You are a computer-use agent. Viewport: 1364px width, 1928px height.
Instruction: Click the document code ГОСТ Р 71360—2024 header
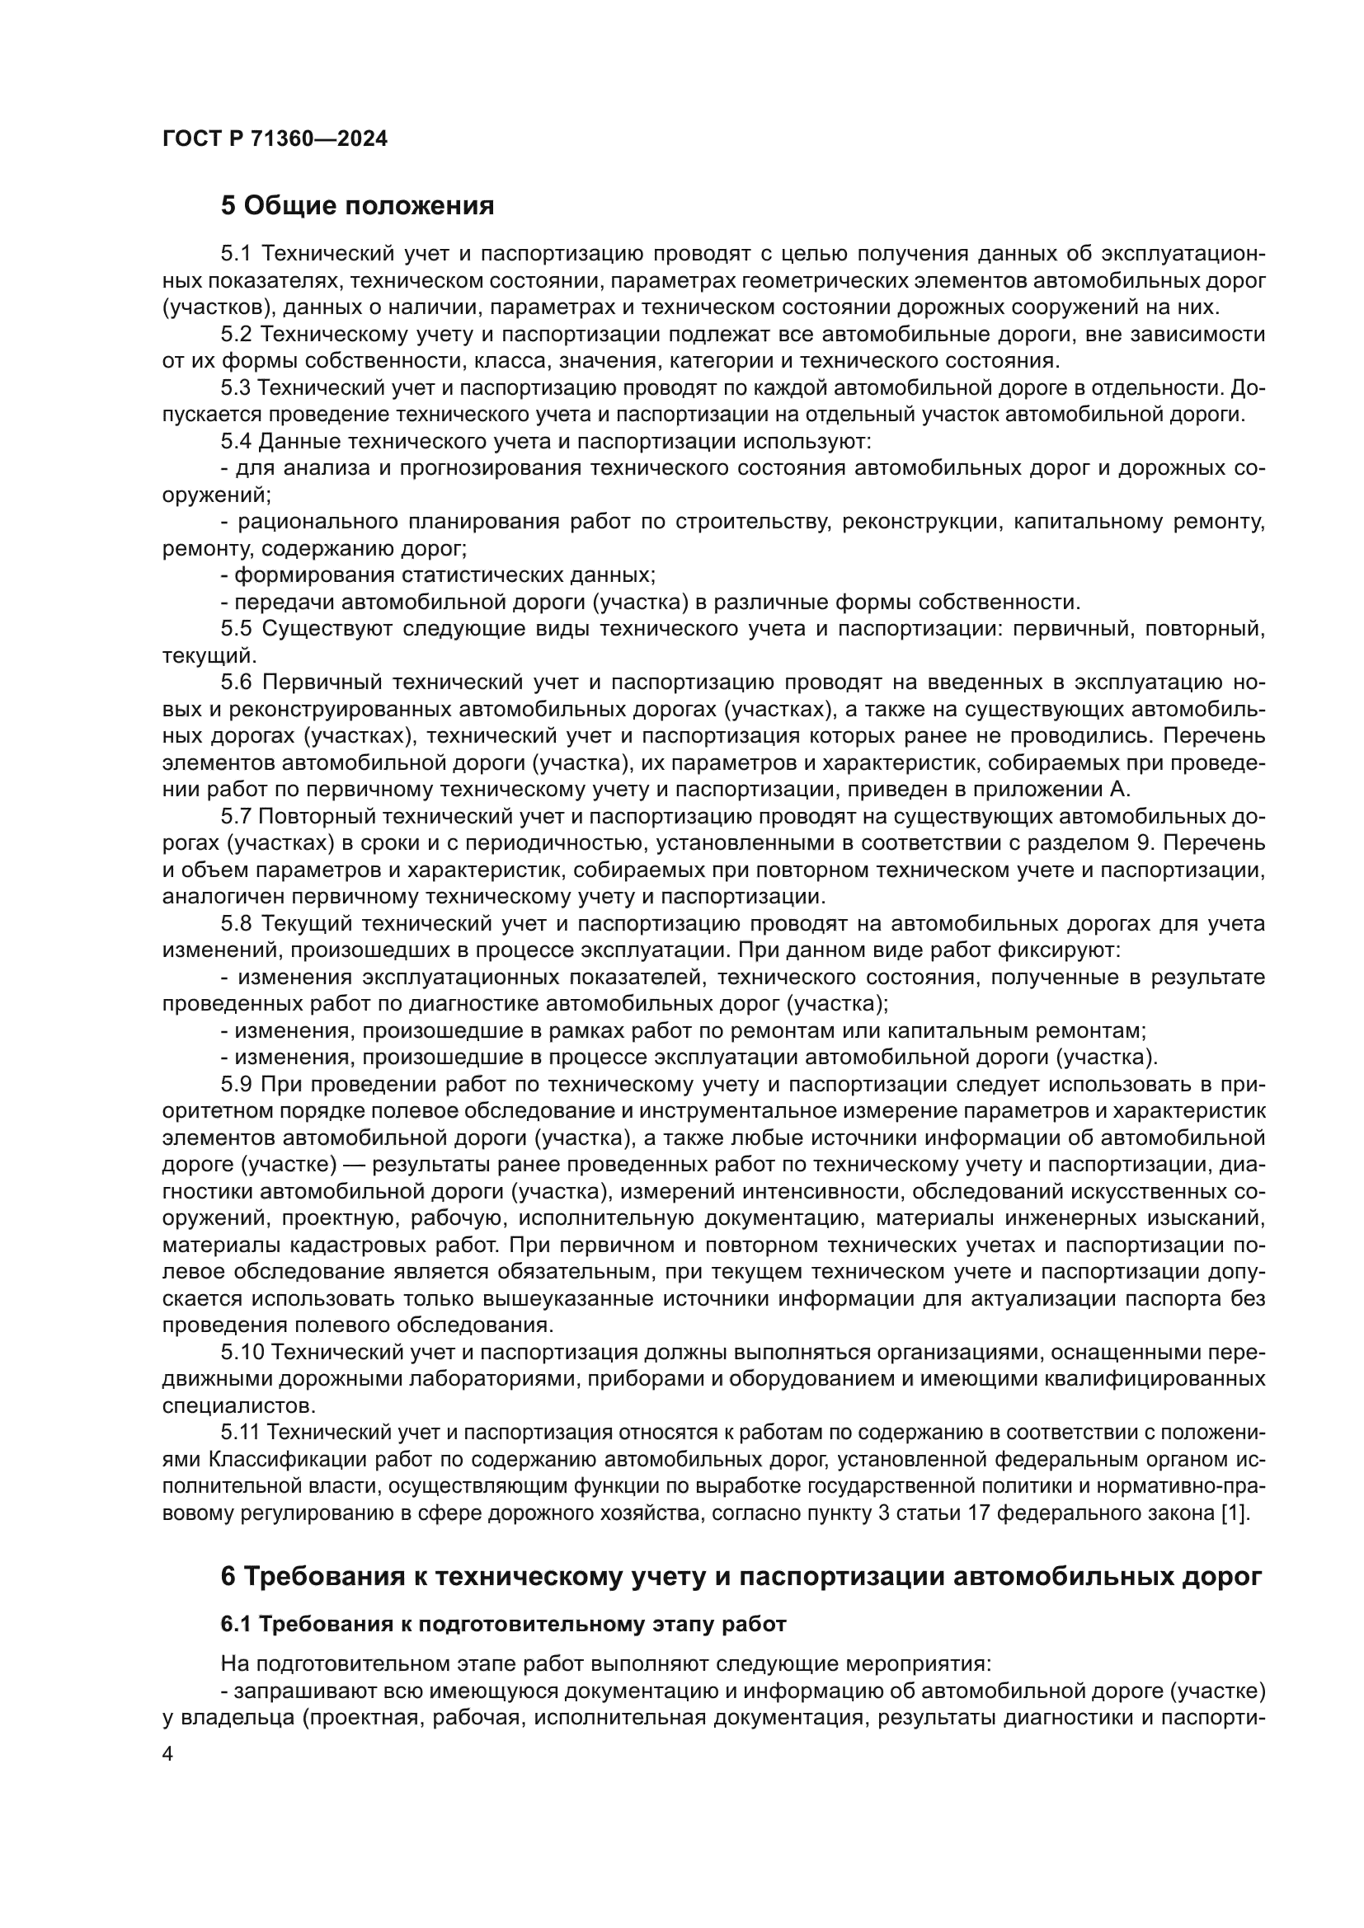275,139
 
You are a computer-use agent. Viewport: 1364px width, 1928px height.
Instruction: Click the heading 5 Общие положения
357,205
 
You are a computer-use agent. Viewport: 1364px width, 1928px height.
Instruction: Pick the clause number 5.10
241,1352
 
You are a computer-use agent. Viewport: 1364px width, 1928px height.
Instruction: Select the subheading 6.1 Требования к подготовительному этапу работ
503,1625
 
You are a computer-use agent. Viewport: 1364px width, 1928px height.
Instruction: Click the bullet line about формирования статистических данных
438,575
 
